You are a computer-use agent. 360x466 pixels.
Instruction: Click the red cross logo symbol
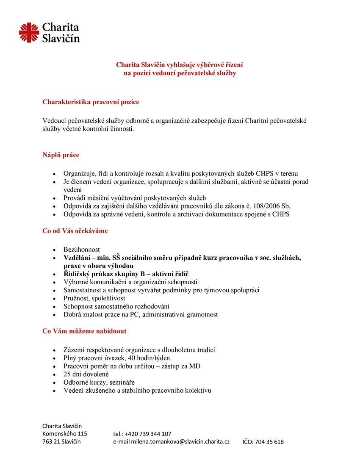29,33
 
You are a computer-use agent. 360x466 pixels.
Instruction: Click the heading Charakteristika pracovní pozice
91,102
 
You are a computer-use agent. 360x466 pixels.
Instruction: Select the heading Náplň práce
61,155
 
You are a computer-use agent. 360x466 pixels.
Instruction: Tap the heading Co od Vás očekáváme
75,231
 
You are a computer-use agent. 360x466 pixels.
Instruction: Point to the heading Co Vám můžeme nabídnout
84,331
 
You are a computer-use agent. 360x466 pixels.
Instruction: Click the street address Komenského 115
65,434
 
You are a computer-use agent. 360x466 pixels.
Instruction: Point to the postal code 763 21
51,442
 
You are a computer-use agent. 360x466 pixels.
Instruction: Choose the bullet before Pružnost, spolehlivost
54,299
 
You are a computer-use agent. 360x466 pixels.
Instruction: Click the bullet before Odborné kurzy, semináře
54,383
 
